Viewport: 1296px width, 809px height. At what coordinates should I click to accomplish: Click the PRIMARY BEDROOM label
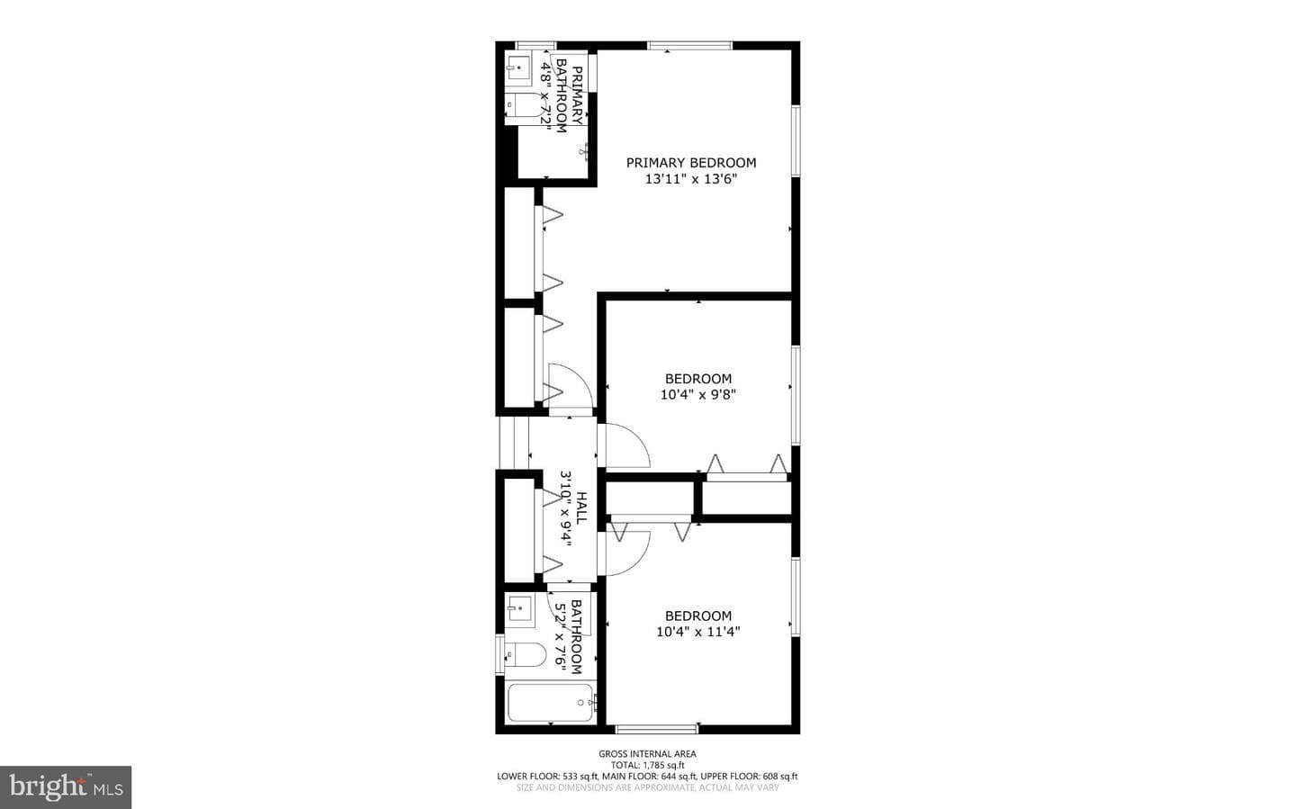691,163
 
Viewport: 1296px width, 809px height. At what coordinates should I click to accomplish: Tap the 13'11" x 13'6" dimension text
691,179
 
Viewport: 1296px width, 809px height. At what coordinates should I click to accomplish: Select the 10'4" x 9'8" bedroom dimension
697,395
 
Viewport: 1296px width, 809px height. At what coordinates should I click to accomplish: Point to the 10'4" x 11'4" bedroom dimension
697,632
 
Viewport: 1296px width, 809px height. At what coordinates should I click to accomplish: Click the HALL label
582,508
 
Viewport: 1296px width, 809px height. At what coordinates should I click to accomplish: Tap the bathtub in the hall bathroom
550,703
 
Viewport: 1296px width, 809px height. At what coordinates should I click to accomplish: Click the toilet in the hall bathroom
526,655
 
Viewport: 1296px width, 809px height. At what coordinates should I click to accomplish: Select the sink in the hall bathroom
519,609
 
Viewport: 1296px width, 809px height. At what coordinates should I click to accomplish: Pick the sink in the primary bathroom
518,68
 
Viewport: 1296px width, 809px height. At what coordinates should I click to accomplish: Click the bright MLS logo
66,787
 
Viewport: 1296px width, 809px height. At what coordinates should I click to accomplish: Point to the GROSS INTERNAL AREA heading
647,753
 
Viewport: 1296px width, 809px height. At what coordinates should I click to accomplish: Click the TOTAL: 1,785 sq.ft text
647,765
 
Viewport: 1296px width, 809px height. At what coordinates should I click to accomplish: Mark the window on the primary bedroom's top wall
689,46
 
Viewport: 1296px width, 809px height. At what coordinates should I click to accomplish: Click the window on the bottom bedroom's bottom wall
657,729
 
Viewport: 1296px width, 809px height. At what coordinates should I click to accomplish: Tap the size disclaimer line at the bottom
647,787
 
